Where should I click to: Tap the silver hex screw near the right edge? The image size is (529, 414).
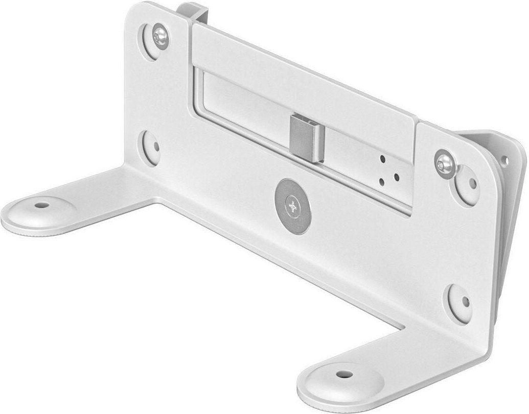(445, 163)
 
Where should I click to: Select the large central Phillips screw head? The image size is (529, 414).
(292, 206)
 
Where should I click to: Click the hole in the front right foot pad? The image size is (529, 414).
(341, 374)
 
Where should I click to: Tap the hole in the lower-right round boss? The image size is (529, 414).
(466, 302)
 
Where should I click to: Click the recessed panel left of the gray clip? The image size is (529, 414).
(240, 105)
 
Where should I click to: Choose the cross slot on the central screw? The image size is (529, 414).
(292, 206)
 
